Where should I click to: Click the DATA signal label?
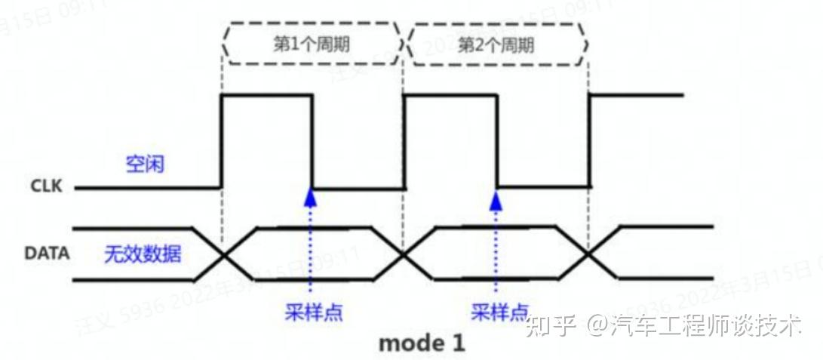(47, 254)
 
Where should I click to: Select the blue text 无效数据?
(143, 254)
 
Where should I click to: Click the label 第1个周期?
(311, 44)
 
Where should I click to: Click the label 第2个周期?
(496, 44)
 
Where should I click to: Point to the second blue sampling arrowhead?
(496, 198)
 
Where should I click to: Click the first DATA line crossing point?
(223, 255)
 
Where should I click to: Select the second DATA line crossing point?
(404, 255)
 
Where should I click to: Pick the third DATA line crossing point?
(588, 255)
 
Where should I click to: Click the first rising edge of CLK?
(221, 141)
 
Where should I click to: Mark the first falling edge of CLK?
(312, 141)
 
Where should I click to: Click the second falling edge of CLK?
(497, 141)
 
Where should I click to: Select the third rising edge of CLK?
(589, 141)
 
